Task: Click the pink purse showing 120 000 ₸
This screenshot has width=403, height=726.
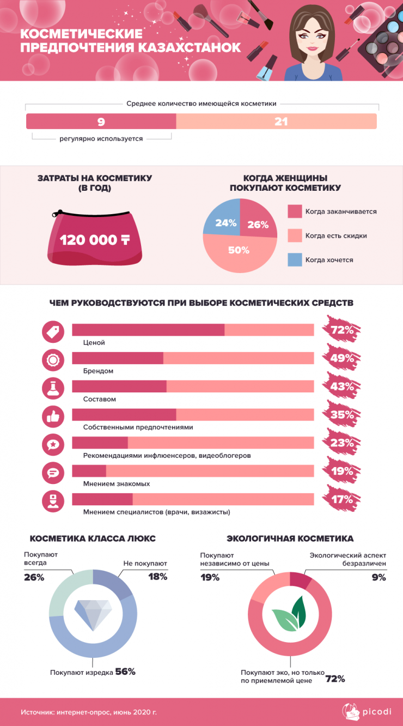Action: click(x=96, y=240)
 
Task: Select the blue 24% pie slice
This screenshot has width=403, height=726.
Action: click(x=224, y=219)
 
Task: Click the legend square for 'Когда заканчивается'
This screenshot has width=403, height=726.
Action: click(x=295, y=211)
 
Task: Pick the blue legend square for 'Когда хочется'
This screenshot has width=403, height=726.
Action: click(x=295, y=259)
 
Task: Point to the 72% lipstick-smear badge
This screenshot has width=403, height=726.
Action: click(x=341, y=330)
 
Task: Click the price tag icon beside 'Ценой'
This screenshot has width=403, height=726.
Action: click(x=53, y=331)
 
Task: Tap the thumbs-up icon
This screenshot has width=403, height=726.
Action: click(x=53, y=416)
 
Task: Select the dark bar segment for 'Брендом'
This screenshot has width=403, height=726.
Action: click(x=118, y=358)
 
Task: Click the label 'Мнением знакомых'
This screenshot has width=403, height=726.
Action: click(x=117, y=483)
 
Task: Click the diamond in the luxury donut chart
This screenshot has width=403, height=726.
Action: click(x=93, y=614)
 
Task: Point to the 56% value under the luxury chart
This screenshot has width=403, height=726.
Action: click(x=125, y=671)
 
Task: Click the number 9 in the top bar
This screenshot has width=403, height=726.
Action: click(x=101, y=121)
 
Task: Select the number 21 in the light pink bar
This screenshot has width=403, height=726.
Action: click(x=281, y=121)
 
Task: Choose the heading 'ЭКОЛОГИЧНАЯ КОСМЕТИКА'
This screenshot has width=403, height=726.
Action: click(x=290, y=539)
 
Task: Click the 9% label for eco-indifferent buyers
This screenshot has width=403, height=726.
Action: click(x=378, y=577)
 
